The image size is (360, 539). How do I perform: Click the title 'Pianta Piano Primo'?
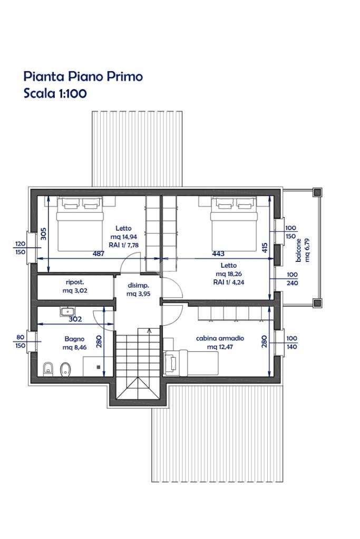tap(83, 76)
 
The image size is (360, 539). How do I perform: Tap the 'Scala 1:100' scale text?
tap(55, 93)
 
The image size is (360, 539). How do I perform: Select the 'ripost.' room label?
tap(75, 282)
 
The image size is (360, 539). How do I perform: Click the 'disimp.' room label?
tap(138, 286)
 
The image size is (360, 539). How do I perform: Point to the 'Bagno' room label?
tap(74, 339)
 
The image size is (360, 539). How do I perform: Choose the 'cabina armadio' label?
tap(220, 338)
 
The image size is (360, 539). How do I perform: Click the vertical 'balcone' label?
tap(298, 250)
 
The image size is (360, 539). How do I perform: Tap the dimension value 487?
tap(99, 253)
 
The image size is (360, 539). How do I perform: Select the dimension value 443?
tap(218, 253)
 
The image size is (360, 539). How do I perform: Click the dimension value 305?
tap(44, 234)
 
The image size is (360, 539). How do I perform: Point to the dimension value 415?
tap(265, 248)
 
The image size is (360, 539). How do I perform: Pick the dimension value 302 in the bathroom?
tap(75, 319)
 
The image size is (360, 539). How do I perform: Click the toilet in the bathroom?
tap(47, 368)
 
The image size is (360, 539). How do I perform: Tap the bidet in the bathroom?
tap(65, 369)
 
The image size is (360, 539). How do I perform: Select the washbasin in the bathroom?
tap(68, 311)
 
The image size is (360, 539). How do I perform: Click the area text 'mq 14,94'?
tap(124, 237)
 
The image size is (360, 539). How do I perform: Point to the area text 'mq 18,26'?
tap(229, 274)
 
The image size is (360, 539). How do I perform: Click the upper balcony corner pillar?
tap(317, 192)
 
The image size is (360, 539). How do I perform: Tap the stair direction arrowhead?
tap(149, 331)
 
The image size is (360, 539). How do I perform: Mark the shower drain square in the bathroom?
tap(99, 367)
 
